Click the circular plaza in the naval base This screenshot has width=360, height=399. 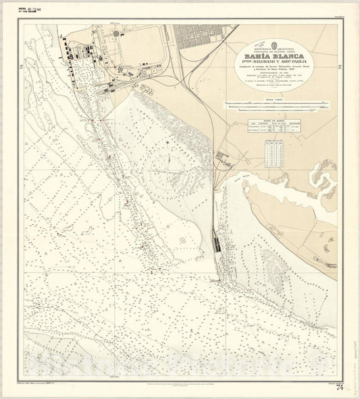[122, 33]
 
